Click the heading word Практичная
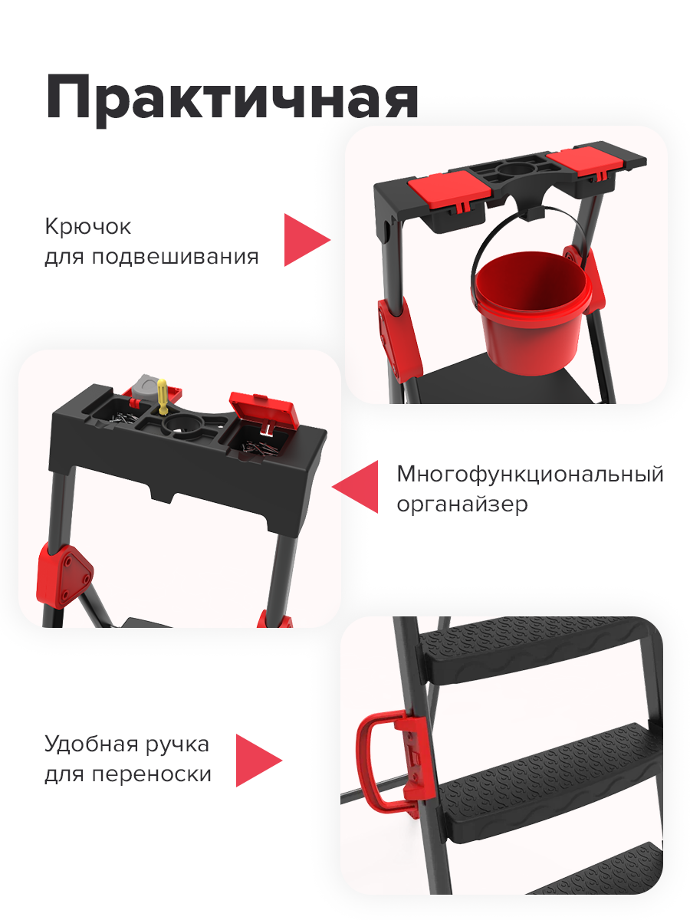[232, 97]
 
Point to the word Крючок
[87, 228]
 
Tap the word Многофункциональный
[530, 474]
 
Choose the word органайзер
[462, 505]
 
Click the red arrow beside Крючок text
[304, 240]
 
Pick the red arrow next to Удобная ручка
[256, 760]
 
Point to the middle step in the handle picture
[537, 774]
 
